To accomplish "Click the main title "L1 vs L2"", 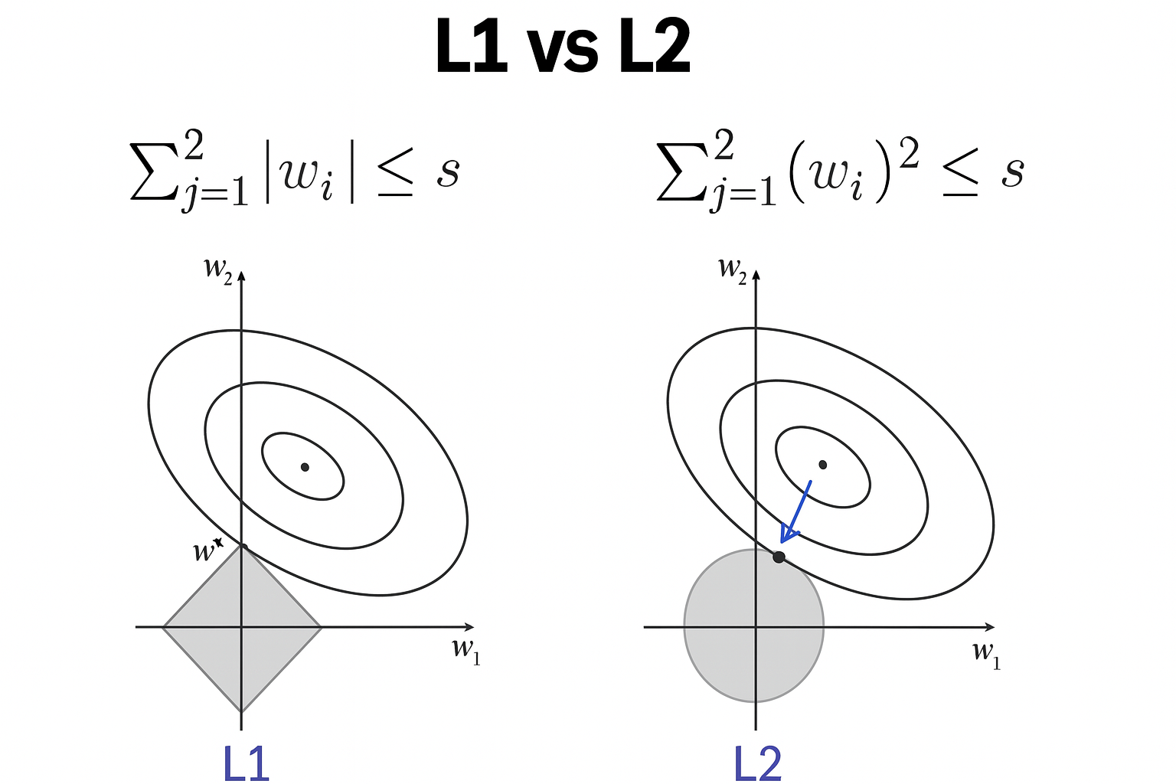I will tap(563, 47).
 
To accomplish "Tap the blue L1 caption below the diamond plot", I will tap(247, 763).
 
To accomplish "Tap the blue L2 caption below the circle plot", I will tap(758, 763).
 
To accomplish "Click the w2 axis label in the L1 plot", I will tap(217, 270).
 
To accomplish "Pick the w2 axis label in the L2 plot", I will tap(733, 269).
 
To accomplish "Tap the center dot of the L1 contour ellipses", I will tap(305, 466).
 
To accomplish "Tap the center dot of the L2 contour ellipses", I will tap(823, 464).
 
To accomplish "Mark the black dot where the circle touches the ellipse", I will tap(779, 557).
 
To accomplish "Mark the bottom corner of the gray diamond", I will tap(242, 710).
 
